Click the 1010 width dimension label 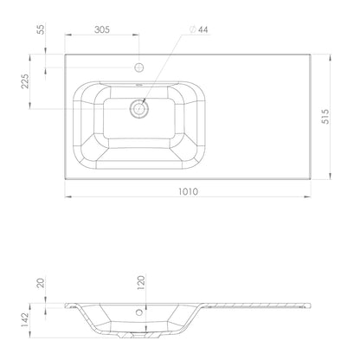pos(188,191)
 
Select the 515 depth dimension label pos(325,117)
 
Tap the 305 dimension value pos(102,29)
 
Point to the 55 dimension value pos(42,29)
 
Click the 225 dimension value pos(25,81)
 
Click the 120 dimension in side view pos(140,283)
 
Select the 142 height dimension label pos(25,320)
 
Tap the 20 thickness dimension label pos(42,283)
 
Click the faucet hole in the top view pos(139,67)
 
